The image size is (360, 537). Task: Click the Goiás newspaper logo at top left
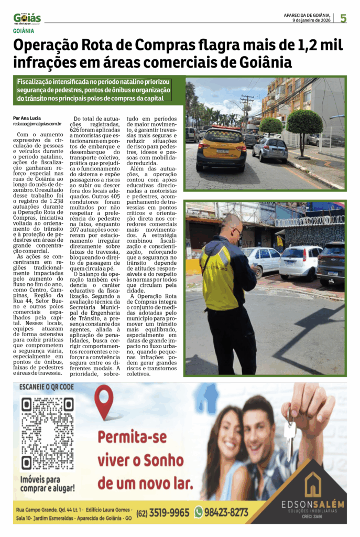(x=27, y=19)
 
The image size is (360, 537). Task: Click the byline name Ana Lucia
(x=31, y=118)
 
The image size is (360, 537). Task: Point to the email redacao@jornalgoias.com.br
(x=37, y=124)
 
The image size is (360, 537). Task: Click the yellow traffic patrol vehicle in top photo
(x=221, y=149)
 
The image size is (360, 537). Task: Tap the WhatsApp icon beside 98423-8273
(x=198, y=512)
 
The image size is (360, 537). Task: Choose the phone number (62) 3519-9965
(x=163, y=512)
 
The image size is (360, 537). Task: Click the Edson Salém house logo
(x=312, y=485)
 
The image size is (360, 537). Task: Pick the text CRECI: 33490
(x=313, y=517)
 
